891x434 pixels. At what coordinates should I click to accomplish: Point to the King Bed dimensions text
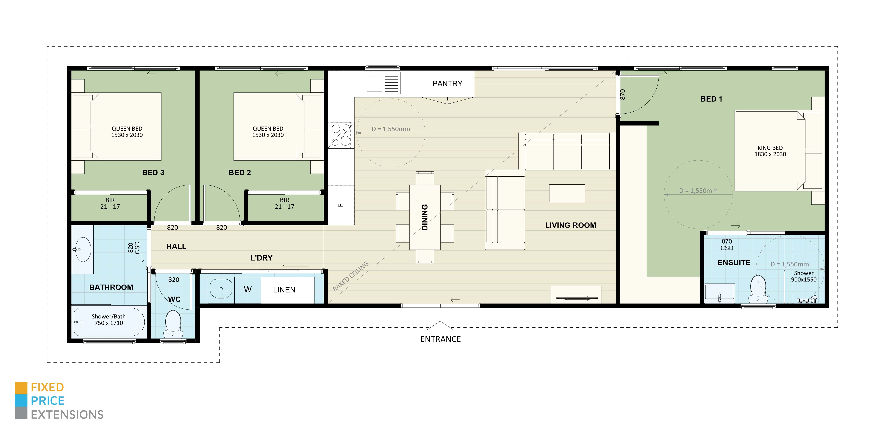(x=770, y=151)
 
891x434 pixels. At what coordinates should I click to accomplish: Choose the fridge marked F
(x=341, y=205)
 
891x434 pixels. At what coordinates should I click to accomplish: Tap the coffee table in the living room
(x=567, y=193)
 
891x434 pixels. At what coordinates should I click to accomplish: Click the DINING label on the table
(x=425, y=217)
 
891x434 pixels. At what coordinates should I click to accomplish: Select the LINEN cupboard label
(x=284, y=290)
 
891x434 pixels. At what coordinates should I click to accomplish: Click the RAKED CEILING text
(x=350, y=276)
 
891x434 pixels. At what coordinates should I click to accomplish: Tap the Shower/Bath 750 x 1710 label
(x=109, y=320)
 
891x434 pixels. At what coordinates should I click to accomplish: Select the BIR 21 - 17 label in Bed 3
(x=110, y=203)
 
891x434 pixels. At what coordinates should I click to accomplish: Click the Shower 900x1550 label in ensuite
(x=804, y=276)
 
